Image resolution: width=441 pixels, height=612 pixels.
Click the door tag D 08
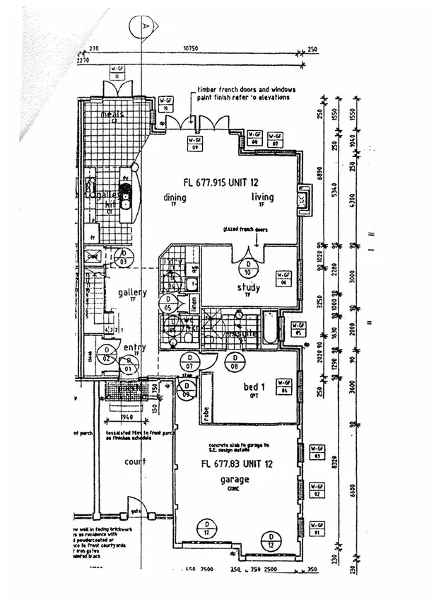tap(234, 364)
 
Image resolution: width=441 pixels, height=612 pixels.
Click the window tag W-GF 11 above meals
tap(117, 71)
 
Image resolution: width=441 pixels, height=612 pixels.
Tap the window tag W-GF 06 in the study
tap(283, 277)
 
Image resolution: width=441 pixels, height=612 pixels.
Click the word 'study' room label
tap(249, 288)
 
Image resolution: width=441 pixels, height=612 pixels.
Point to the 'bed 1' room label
tap(255, 388)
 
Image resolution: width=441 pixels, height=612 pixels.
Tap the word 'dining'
tap(175, 197)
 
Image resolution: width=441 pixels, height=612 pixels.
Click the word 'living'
tap(262, 197)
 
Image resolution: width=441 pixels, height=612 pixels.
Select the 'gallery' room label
tap(132, 293)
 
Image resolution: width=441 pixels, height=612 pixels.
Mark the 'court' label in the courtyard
tap(135, 462)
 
